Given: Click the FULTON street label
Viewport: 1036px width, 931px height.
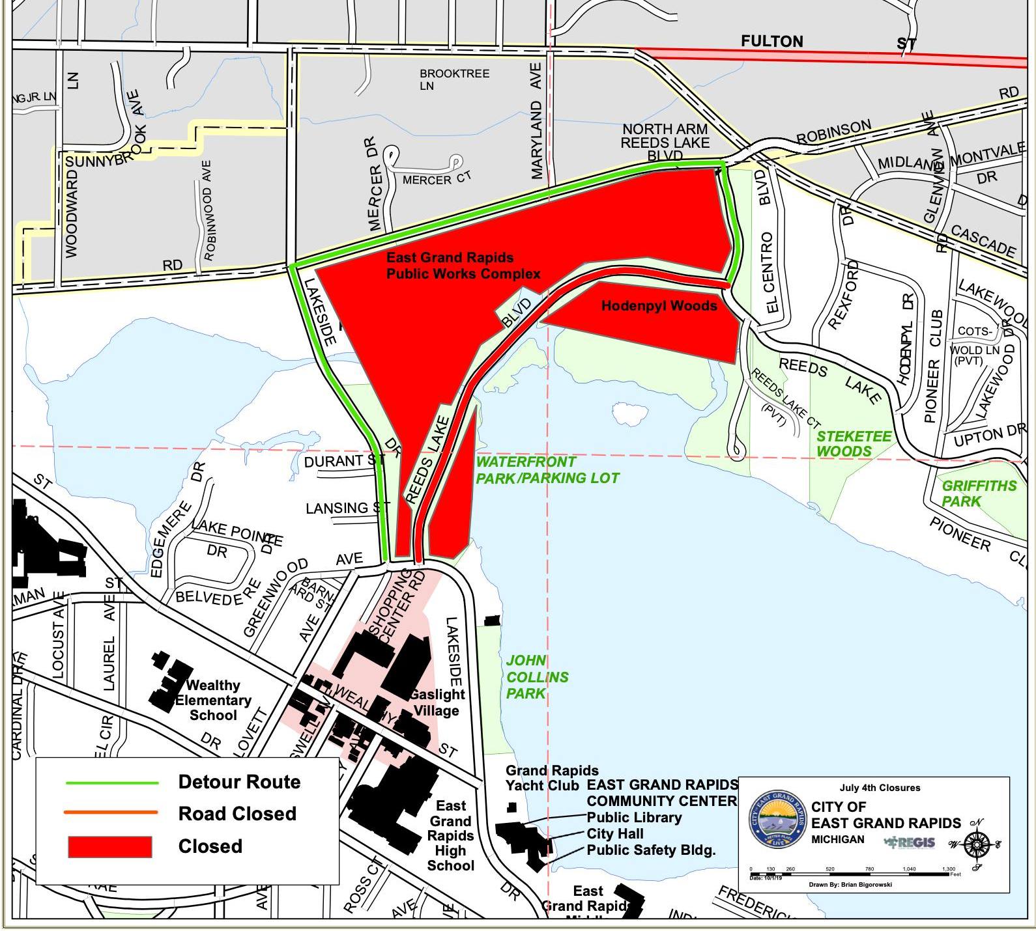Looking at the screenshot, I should click(x=771, y=42).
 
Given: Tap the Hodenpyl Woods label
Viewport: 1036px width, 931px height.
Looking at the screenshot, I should click(x=659, y=305).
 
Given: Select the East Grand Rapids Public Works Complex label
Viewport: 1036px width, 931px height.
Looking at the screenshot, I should click(x=463, y=266).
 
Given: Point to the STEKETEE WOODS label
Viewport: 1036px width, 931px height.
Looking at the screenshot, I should click(x=854, y=444).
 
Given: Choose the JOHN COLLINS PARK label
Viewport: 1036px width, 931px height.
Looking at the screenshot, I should click(x=537, y=677).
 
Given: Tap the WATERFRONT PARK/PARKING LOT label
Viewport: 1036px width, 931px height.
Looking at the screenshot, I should click(x=547, y=470).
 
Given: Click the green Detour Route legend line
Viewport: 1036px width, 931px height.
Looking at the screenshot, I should click(x=111, y=783).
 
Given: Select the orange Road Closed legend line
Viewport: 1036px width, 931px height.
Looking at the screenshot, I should click(x=111, y=813).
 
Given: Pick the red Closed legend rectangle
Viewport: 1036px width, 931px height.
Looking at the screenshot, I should click(x=110, y=846).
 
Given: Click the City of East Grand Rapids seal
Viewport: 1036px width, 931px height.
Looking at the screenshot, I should click(x=777, y=819).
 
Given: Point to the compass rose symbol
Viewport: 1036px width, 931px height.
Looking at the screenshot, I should click(x=975, y=845).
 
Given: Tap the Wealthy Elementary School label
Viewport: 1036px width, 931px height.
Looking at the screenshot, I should click(x=212, y=700).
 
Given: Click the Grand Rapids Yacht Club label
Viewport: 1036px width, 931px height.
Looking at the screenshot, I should click(x=551, y=778).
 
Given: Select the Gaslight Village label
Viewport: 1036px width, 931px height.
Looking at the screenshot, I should click(x=437, y=702).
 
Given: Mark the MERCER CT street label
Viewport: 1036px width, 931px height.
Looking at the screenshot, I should click(x=436, y=178).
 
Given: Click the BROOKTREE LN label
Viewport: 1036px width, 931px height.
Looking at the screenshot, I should click(x=454, y=79).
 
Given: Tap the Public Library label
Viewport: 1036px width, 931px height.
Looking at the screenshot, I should click(x=634, y=817).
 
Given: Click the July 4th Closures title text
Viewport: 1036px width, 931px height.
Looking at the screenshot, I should click(x=880, y=788).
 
